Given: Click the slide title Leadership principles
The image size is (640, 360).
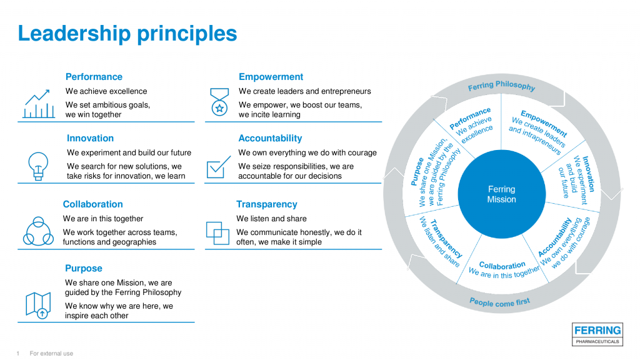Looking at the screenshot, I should pyautogui.click(x=127, y=33).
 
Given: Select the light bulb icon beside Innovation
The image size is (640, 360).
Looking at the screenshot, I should pyautogui.click(x=38, y=166).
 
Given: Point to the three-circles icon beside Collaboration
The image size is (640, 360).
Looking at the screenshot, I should pyautogui.click(x=38, y=231).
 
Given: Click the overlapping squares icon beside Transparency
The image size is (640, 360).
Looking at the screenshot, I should pyautogui.click(x=218, y=232).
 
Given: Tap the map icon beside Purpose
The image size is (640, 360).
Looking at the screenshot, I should pyautogui.click(x=38, y=306).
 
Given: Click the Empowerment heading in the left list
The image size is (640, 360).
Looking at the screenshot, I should pyautogui.click(x=271, y=77).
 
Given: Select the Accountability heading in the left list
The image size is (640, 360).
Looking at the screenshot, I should pyautogui.click(x=270, y=138).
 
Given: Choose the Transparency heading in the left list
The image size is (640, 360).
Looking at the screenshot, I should pyautogui.click(x=266, y=204).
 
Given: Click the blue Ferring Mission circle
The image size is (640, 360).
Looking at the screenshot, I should pyautogui.click(x=501, y=194).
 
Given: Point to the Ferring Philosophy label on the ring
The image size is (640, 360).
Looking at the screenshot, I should pyautogui.click(x=501, y=86).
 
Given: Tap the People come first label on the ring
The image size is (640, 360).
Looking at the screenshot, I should pyautogui.click(x=499, y=302).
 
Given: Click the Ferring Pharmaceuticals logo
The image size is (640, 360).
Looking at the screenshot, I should pyautogui.click(x=597, y=334).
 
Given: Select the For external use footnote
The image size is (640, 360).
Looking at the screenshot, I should pyautogui.click(x=51, y=354).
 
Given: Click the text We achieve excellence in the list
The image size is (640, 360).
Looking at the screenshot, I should pyautogui.click(x=106, y=91).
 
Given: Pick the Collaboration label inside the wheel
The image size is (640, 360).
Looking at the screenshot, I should pyautogui.click(x=502, y=266).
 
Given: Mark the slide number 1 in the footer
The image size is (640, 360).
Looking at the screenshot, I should pyautogui.click(x=18, y=354).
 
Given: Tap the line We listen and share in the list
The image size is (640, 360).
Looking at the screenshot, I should pyautogui.click(x=271, y=219).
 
